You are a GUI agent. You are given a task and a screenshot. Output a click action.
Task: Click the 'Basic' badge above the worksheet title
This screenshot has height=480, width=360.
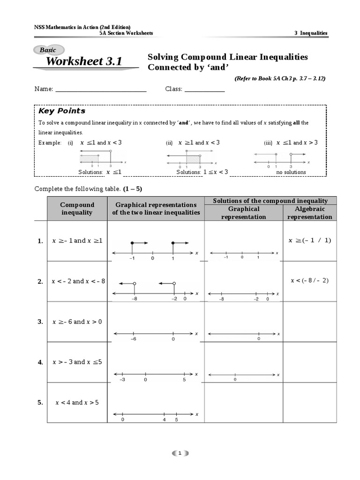point(48,50)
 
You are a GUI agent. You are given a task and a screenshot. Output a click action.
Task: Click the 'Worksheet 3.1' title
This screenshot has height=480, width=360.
point(84,62)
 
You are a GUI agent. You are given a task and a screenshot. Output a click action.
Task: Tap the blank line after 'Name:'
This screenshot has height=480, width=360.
point(101,89)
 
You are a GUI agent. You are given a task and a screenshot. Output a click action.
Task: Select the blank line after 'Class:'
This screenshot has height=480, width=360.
point(204,89)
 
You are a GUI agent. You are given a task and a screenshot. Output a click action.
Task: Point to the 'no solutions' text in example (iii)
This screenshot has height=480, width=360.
point(291,172)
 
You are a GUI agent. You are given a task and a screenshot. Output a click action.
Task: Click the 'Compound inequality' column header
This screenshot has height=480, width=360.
point(77,209)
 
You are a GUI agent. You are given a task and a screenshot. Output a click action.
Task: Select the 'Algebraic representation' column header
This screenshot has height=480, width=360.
point(309,213)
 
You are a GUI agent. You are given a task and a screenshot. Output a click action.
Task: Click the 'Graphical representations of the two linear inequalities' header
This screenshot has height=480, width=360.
point(156,209)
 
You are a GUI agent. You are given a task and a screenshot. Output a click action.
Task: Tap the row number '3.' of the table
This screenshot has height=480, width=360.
point(40,322)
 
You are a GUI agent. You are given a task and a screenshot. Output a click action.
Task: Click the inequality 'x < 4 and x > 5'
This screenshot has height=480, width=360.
point(77,402)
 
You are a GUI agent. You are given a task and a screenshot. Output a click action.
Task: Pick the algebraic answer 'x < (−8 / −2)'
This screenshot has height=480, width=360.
point(310,280)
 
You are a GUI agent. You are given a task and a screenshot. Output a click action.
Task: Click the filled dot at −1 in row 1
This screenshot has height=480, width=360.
point(133,243)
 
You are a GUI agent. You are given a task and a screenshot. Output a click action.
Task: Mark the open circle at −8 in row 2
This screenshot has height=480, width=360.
point(135,284)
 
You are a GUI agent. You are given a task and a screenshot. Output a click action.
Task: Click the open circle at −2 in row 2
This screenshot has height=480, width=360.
point(174,284)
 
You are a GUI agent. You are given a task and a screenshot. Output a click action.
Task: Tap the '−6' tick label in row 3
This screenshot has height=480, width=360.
point(134,339)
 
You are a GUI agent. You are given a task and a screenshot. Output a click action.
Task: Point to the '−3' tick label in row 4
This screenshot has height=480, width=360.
point(122,380)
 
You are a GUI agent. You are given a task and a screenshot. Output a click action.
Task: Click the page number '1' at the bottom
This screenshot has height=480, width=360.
point(180,453)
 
